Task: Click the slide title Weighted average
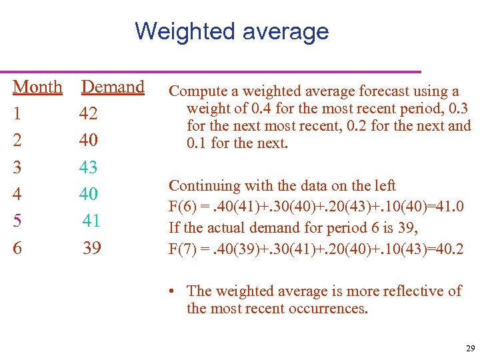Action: [231, 31]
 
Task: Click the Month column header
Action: [37, 87]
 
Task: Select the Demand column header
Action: [113, 87]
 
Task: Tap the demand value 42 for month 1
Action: [88, 114]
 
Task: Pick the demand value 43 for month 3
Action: [88, 167]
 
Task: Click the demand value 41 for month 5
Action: [92, 221]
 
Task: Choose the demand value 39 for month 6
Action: [92, 248]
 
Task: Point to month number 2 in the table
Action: [17, 141]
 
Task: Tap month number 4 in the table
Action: [17, 194]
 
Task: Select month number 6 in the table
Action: [17, 248]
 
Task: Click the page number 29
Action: [470, 349]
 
